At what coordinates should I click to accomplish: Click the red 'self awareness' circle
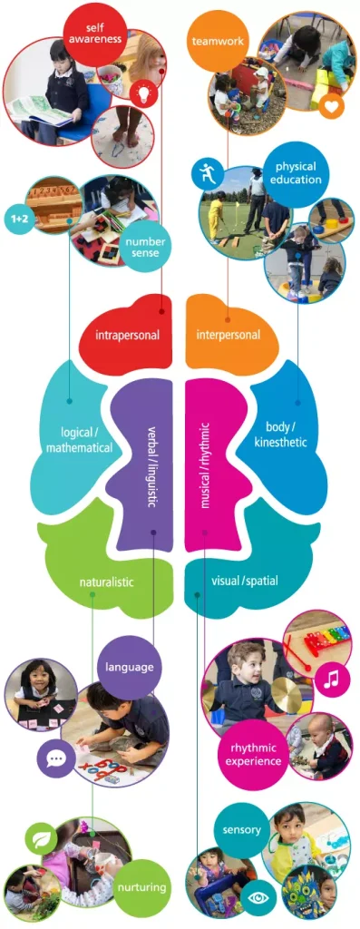pos(94,35)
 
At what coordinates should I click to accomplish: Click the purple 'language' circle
pos(129,667)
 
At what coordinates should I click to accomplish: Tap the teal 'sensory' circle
pos(241,829)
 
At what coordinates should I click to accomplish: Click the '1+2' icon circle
pos(18,219)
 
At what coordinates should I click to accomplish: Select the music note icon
pos(331,678)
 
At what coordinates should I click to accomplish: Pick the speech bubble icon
pos(54,757)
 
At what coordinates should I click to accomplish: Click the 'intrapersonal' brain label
pos(127,335)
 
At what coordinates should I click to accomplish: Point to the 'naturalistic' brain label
pos(106,582)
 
